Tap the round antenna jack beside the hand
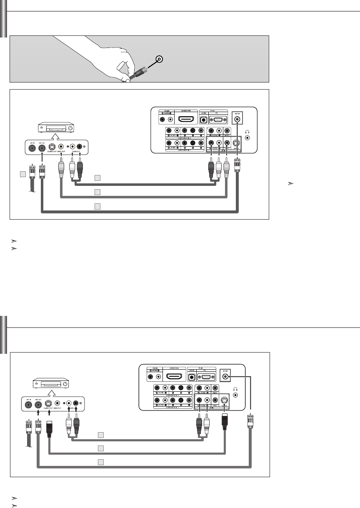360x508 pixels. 159,59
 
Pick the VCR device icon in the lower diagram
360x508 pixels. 50,384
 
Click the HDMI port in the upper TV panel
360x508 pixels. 185,119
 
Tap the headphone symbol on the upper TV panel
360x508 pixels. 248,131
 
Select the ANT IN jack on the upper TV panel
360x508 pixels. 237,120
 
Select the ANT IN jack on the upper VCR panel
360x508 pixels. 31,147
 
